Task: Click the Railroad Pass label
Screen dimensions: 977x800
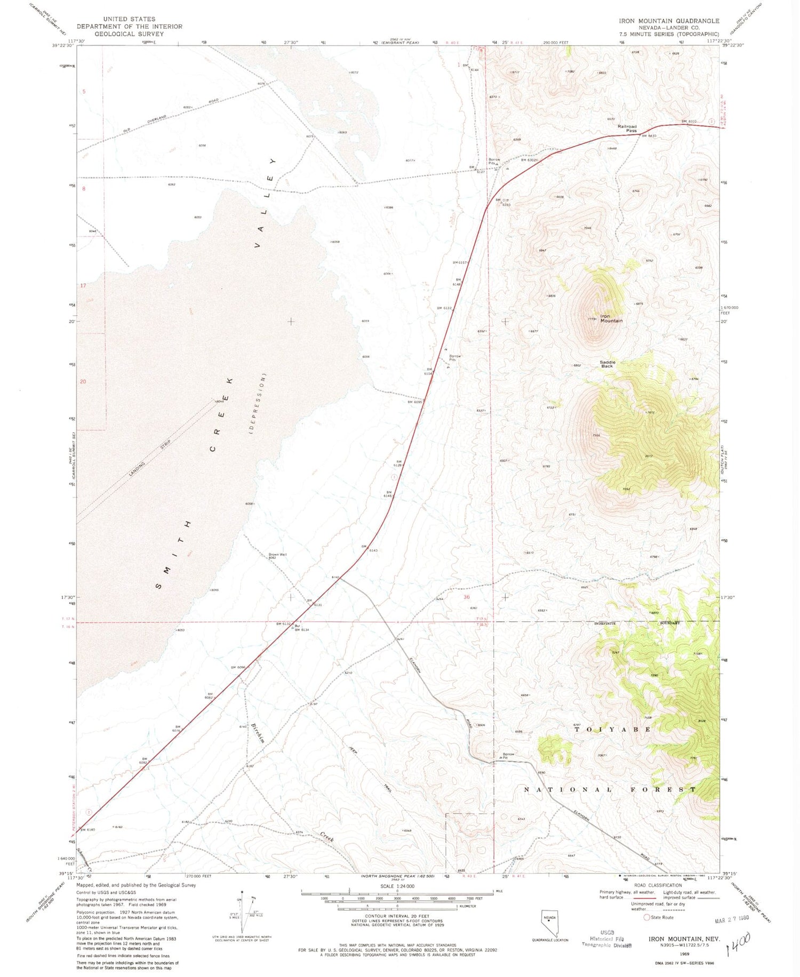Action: tap(627, 129)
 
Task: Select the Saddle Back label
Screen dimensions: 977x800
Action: tap(607, 364)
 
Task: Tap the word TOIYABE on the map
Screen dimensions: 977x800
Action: tap(612, 729)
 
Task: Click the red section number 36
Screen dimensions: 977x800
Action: tap(467, 597)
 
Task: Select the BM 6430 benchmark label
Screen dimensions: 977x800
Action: tap(648, 136)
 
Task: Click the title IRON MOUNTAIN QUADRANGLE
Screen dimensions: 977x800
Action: tap(669, 21)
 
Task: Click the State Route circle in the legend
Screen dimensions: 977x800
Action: tap(647, 917)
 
